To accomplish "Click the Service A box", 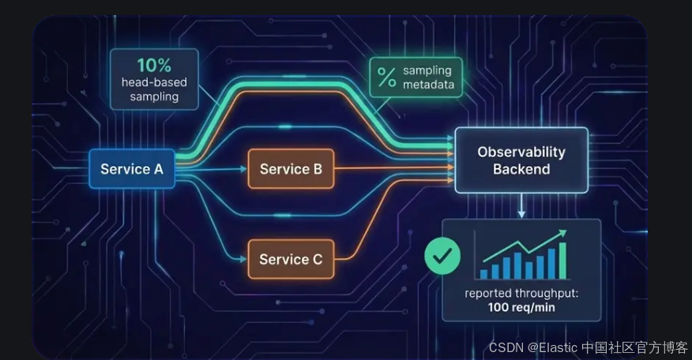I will coord(131,169).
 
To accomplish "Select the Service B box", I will coord(291,169).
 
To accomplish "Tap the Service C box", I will coord(291,259).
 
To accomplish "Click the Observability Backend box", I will coord(521,160).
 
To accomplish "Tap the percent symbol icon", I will coord(386,77).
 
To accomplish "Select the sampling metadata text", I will coord(428,77).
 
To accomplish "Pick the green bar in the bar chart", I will coord(563,260).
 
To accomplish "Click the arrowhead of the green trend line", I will coord(563,232).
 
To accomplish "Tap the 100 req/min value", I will coord(521,307).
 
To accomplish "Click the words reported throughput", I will coord(521,294).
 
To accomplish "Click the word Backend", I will coord(521,169).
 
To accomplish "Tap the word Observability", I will coord(521,152).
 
